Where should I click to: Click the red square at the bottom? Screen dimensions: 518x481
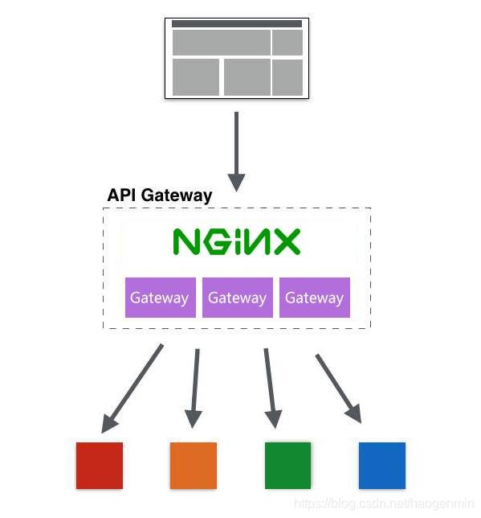click(x=100, y=466)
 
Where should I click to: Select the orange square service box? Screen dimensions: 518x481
click(x=194, y=466)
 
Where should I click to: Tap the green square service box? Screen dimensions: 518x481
click(x=287, y=466)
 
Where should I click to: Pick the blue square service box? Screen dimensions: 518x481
click(x=381, y=466)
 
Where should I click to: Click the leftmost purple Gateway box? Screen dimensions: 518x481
click(x=160, y=298)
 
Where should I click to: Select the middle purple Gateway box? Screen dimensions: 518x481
click(x=237, y=298)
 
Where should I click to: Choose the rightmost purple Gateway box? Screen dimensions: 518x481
click(x=314, y=298)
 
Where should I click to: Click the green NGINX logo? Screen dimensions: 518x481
click(x=237, y=241)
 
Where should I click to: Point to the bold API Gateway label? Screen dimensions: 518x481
click(x=160, y=195)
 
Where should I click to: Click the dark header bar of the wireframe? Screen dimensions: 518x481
click(x=237, y=24)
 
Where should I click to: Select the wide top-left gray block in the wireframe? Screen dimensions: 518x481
click(x=222, y=43)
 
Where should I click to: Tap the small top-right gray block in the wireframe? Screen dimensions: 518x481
click(x=287, y=43)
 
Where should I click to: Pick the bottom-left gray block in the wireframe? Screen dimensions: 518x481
click(x=196, y=77)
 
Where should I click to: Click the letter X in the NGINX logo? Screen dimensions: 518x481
click(x=286, y=241)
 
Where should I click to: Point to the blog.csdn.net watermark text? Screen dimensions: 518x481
click(x=385, y=504)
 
